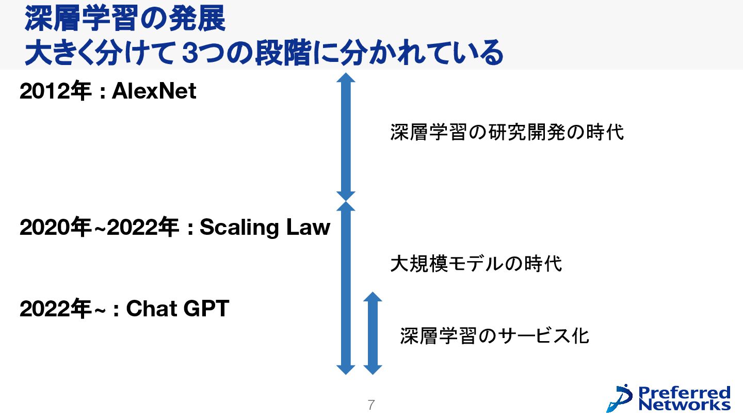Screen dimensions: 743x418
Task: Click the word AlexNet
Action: [x=154, y=92]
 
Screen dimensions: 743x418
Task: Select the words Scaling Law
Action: [x=265, y=227]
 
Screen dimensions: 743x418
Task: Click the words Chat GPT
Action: [x=177, y=309]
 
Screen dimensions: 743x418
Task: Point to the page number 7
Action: [x=370, y=405]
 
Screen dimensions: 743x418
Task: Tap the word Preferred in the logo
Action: [x=685, y=392]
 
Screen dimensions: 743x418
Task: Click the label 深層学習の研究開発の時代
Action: [x=507, y=132]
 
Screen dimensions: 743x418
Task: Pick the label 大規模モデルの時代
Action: [x=476, y=264]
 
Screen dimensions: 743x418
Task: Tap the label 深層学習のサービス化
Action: [x=494, y=336]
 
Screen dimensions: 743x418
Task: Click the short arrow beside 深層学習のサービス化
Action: [x=373, y=333]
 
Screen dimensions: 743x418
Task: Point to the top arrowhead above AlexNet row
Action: [x=346, y=77]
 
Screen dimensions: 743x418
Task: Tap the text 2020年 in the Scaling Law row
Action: [x=55, y=227]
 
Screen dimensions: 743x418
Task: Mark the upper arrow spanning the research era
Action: [x=346, y=137]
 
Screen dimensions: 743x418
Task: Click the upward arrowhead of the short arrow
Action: [x=373, y=296]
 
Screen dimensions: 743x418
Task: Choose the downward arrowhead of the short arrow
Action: [x=373, y=369]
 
